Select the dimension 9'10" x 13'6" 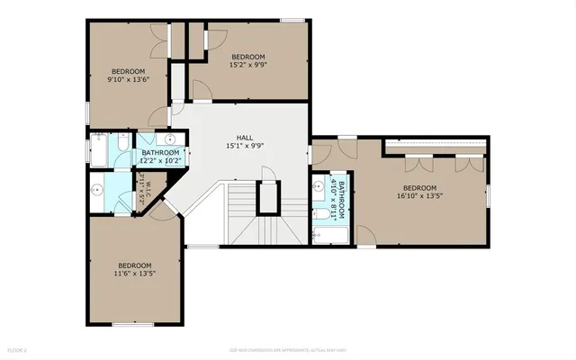tap(128, 79)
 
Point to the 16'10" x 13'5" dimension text tap(419, 194)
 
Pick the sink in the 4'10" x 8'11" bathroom tap(318, 187)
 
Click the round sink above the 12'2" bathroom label tap(168, 141)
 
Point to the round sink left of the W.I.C tap(97, 190)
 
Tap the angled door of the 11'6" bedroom tap(163, 211)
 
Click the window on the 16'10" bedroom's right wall tap(490, 193)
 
